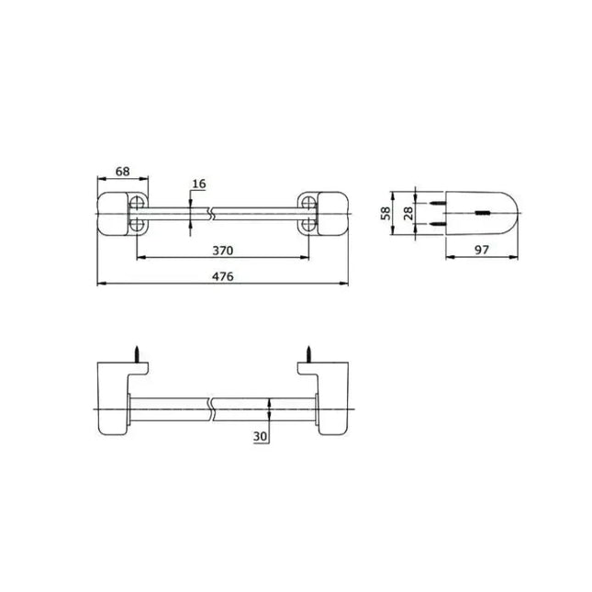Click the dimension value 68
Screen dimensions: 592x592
coord(122,172)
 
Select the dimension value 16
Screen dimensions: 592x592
coord(199,184)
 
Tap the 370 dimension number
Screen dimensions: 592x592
coord(223,251)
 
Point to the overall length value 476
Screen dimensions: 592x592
coord(223,276)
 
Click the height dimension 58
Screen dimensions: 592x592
coord(385,213)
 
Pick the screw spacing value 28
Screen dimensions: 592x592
coord(408,213)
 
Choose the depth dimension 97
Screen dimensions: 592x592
coord(481,250)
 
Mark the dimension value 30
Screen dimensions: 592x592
coord(260,437)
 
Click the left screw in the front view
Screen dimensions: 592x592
coord(137,354)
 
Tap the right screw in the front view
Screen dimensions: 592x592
coord(308,354)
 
